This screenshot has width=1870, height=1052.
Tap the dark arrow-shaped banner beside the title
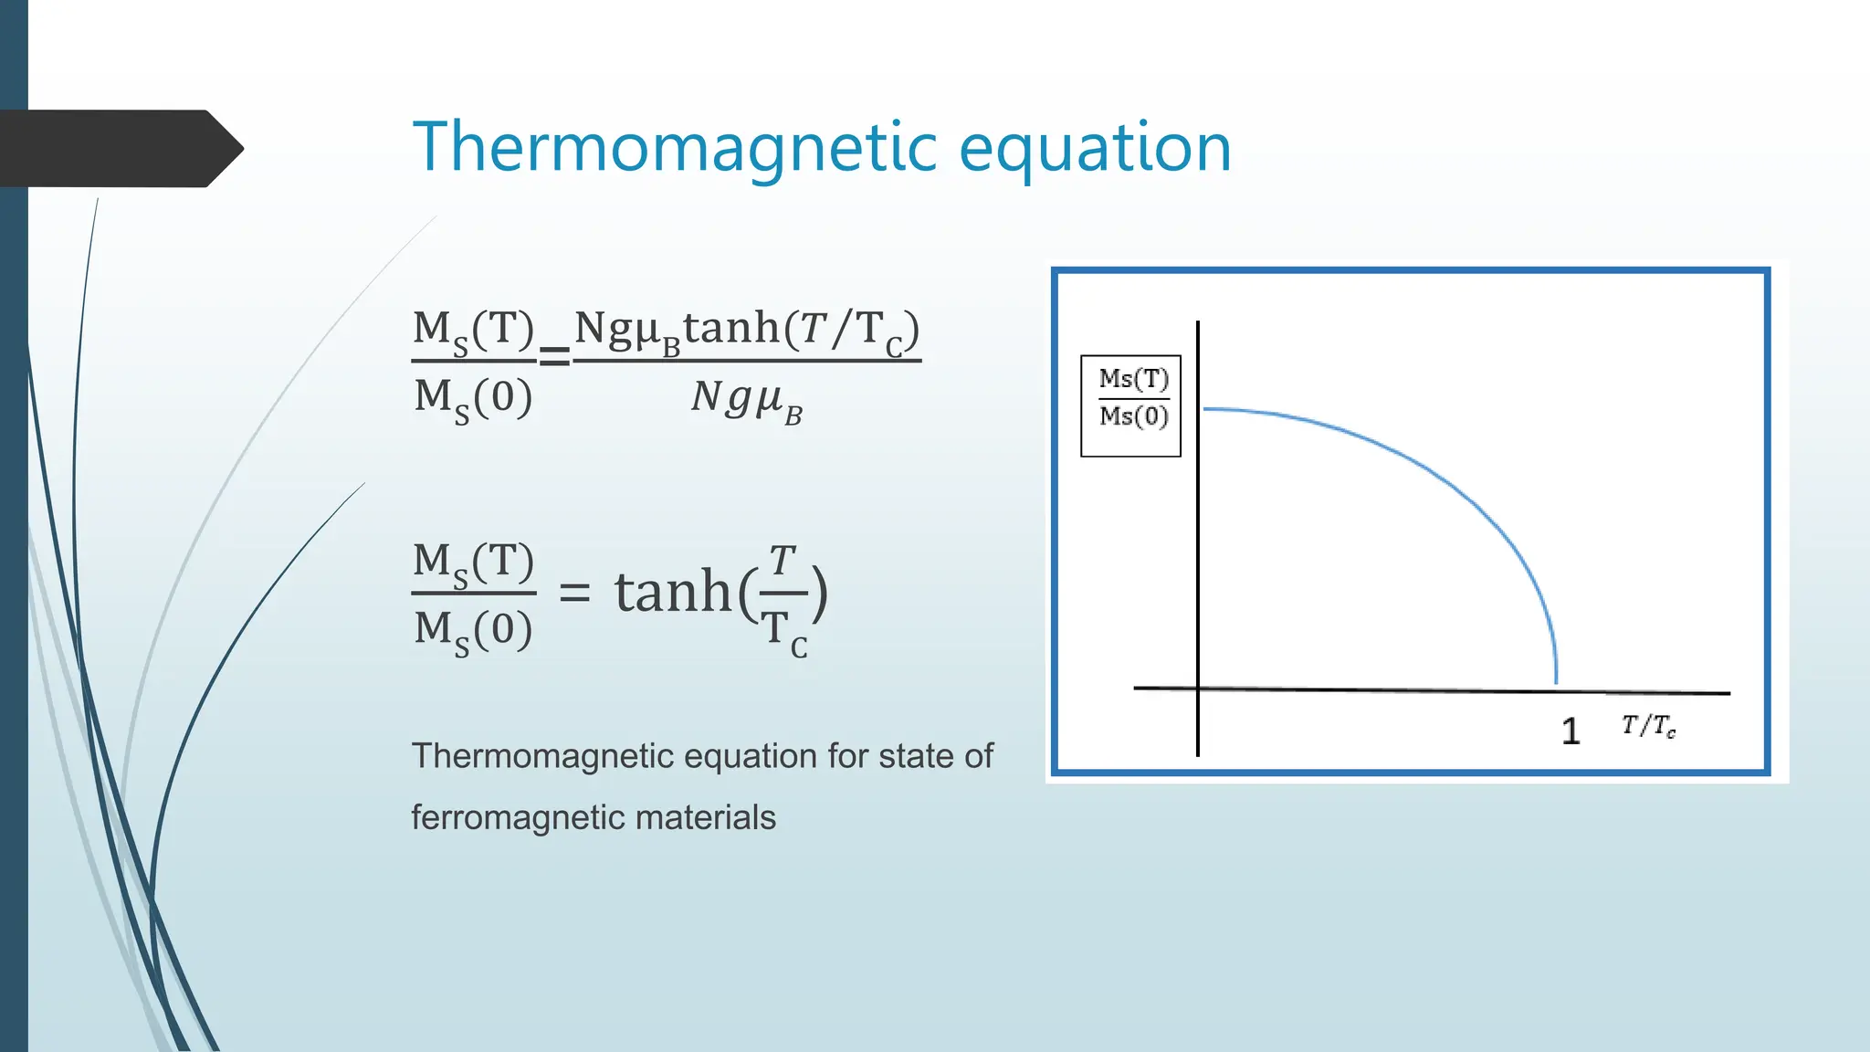tap(119, 148)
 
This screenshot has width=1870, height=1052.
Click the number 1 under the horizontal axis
tap(1570, 731)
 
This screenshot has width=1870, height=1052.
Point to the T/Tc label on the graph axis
tap(1648, 726)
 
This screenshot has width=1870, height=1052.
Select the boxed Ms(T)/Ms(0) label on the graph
tap(1131, 405)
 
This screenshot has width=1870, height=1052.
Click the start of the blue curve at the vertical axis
tap(1205, 409)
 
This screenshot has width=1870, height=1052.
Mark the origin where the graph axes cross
tap(1198, 688)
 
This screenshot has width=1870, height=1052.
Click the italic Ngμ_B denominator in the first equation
tap(746, 399)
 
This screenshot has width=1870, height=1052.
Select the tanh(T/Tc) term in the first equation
tap(801, 330)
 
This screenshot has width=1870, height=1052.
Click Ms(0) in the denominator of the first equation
tap(472, 399)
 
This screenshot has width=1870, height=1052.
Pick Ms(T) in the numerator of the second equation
tap(472, 563)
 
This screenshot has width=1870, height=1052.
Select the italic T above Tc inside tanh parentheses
tap(783, 561)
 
